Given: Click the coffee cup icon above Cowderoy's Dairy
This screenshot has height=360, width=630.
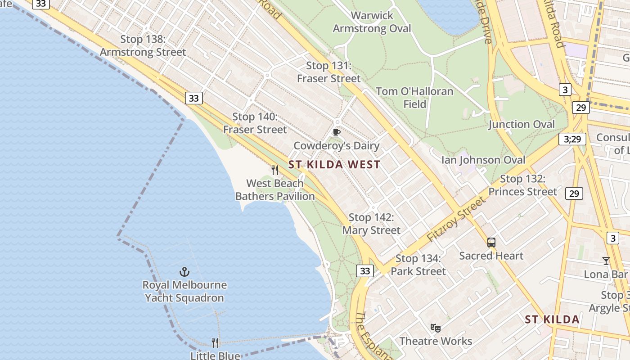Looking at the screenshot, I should click(x=336, y=132).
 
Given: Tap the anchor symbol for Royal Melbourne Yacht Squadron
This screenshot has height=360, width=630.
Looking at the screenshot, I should click(x=184, y=272).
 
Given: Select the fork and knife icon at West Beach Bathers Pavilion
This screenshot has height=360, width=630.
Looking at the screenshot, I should click(x=275, y=170).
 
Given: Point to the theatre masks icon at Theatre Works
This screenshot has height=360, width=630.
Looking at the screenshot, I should click(x=435, y=328).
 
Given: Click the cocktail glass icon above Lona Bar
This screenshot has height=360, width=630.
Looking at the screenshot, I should click(x=606, y=261).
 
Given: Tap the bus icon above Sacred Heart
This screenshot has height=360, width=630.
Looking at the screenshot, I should click(x=491, y=243).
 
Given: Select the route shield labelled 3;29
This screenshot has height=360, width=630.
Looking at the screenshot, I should click(x=572, y=139).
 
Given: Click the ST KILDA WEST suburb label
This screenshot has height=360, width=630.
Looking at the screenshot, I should click(x=334, y=165).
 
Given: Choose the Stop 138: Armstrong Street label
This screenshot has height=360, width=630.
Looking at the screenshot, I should click(x=143, y=46).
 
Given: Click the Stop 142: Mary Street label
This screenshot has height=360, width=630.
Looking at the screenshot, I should click(x=371, y=224).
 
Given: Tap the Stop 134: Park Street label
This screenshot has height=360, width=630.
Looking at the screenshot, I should click(x=418, y=265).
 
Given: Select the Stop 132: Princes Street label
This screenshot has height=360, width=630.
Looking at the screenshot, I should click(x=522, y=185).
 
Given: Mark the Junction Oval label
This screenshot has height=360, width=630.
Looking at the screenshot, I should click(x=522, y=125).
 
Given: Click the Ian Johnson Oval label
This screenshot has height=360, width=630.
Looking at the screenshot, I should click(x=483, y=160).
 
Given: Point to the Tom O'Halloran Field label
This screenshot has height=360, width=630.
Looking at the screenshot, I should click(x=414, y=98).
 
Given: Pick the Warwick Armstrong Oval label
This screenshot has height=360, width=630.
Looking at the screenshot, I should click(x=372, y=22).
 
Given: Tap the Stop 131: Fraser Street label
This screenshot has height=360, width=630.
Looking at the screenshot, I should click(x=328, y=72).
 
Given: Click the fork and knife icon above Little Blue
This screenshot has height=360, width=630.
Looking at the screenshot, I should click(x=215, y=343).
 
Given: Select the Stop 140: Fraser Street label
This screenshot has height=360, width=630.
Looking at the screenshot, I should click(x=255, y=123).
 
